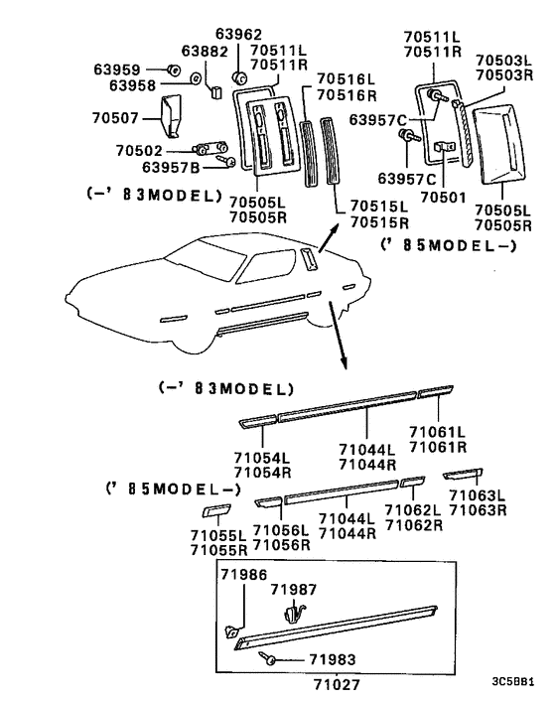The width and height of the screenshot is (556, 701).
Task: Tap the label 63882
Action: [205, 51]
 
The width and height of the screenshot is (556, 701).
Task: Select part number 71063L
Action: [477, 495]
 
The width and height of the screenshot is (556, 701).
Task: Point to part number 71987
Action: [294, 590]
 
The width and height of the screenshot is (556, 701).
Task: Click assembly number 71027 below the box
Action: [335, 684]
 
